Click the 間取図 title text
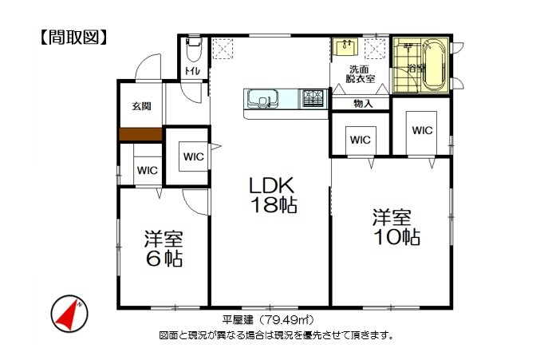tap(73, 38)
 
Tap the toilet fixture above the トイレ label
tap(194, 48)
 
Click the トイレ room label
tap(192, 71)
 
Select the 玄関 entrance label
tap(141, 106)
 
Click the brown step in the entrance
tap(140, 134)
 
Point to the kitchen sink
tap(262, 99)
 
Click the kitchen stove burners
tap(313, 98)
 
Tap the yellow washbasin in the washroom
tap(345, 46)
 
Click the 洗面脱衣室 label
tap(360, 74)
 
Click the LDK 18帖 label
tap(273, 196)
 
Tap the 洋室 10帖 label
tap(396, 227)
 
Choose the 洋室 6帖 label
tap(164, 249)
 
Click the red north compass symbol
tap(69, 314)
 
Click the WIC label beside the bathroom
tap(422, 131)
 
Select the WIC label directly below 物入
tap(361, 140)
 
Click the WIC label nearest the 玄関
tap(147, 170)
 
